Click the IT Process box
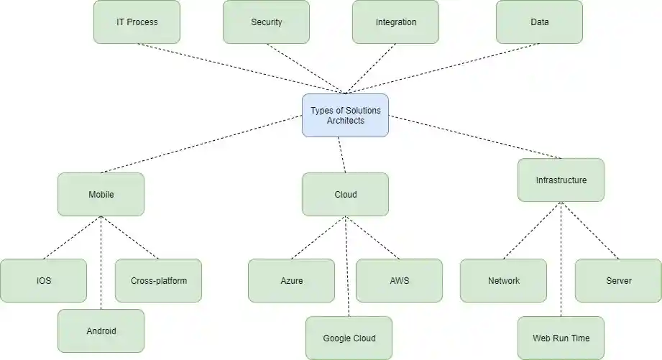pyautogui.click(x=137, y=22)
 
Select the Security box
pyautogui.click(x=266, y=22)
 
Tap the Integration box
pyautogui.click(x=395, y=22)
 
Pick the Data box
pyautogui.click(x=539, y=22)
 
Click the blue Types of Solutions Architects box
pyautogui.click(x=345, y=115)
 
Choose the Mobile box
pyautogui.click(x=101, y=194)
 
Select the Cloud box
pyautogui.click(x=345, y=194)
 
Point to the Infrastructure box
pyautogui.click(x=561, y=180)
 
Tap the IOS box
pyautogui.click(x=43, y=280)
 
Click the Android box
pyautogui.click(x=101, y=331)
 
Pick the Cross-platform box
pyautogui.click(x=158, y=280)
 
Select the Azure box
pyautogui.click(x=291, y=280)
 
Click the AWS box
pyautogui.click(x=399, y=280)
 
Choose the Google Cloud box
pyautogui.click(x=349, y=338)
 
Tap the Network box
pyautogui.click(x=503, y=280)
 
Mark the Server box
pyautogui.click(x=618, y=280)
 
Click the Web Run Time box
pyautogui.click(x=561, y=338)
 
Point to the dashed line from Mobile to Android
pyautogui.click(x=101, y=262)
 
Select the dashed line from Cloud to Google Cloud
pyautogui.click(x=347, y=266)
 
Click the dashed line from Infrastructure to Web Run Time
pyautogui.click(x=561, y=259)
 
